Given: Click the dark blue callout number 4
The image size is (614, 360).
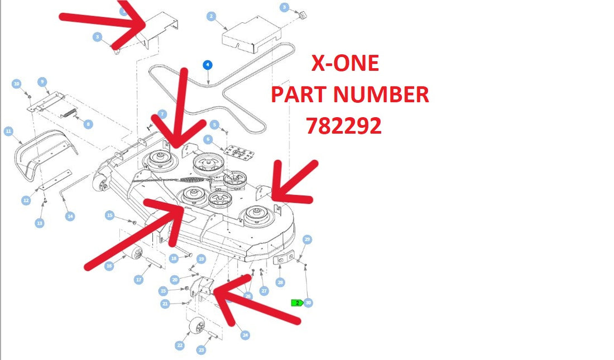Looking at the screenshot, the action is tap(208, 65).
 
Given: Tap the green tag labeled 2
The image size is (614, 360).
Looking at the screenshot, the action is tap(297, 303).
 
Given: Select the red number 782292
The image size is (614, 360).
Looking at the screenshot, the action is tap(344, 126).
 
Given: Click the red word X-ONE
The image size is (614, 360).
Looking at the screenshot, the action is tap(345, 63).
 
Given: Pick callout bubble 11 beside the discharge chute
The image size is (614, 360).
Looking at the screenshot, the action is tap(8, 131).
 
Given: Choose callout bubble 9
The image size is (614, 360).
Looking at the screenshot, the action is tap(42, 82).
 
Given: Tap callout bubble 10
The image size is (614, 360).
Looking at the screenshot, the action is tap(16, 84).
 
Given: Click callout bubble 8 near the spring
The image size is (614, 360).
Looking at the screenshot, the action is tap(88, 124).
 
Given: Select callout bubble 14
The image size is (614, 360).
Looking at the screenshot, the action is tap(70, 216).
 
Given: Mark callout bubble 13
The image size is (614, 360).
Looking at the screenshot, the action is tap(40, 223).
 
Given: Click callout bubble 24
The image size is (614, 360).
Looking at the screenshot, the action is tap(245, 335).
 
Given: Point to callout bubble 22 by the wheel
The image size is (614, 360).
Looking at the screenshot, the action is tap(180, 345).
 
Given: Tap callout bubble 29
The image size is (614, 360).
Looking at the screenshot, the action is tap(308, 239).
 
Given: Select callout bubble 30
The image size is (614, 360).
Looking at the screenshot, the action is tap(309, 303).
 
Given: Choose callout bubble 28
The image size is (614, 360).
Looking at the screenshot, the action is tap(280, 282).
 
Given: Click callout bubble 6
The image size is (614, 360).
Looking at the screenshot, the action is tap(208, 139).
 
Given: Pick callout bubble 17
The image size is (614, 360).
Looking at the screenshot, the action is tap(138, 280).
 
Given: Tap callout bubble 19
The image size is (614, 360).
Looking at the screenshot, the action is tap(202, 259).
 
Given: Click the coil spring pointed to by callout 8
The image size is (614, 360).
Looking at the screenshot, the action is tap(69, 113).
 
